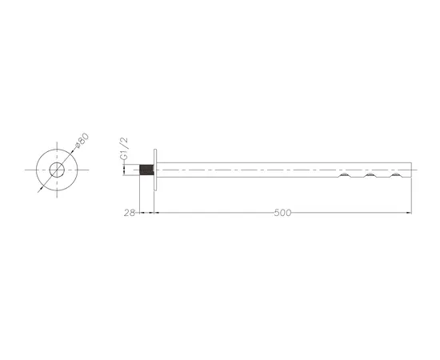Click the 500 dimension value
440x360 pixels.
tap(282, 213)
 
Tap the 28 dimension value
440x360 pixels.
tap(130, 213)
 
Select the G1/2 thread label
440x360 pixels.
tap(124, 149)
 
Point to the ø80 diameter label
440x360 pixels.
tap(82, 141)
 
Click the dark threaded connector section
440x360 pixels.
tap(146, 170)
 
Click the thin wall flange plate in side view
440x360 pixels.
tap(155, 170)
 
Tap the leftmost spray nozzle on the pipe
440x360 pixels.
tap(345, 175)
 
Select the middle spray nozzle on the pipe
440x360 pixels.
tap(370, 175)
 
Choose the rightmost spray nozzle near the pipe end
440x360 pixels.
tap(396, 175)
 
